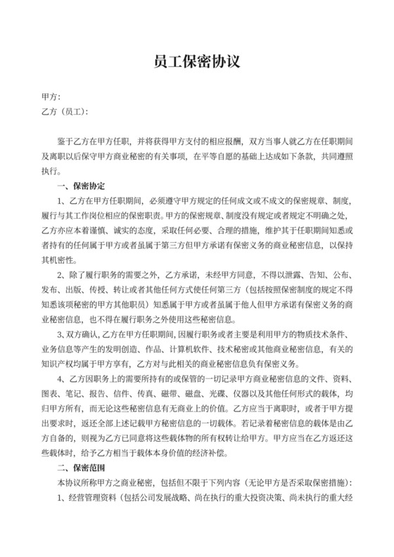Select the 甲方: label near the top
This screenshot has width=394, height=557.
[x=52, y=98]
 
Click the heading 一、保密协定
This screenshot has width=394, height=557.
[x=81, y=186]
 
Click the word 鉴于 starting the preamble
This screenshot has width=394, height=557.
[x=65, y=141]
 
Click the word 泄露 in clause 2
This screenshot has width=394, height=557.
[x=277, y=274]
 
